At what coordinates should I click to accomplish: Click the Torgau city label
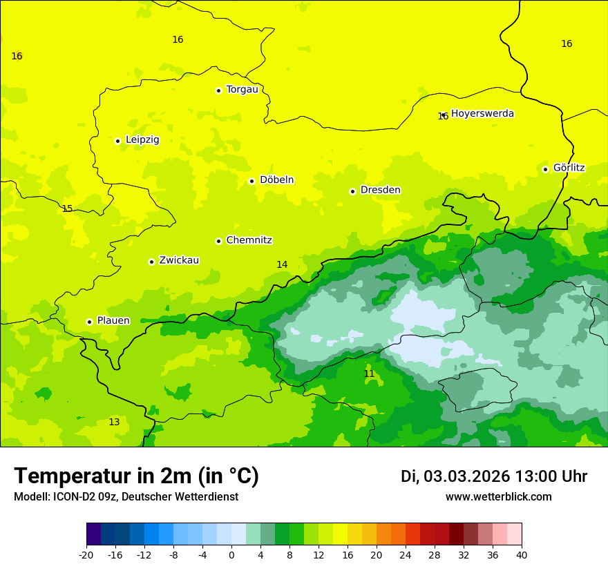pos(242,90)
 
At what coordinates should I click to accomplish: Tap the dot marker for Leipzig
pos(118,141)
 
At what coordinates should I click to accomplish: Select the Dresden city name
pos(380,190)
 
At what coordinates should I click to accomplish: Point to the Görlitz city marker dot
pos(545,169)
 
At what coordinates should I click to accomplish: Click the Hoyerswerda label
pos(482,114)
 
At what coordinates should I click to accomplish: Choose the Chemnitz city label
pos(249,240)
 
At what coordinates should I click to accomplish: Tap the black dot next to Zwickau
pos(151,262)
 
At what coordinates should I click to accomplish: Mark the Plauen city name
pos(113,321)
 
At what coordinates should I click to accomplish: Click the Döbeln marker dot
pos(252,181)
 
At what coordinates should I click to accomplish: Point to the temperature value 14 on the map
pos(282,264)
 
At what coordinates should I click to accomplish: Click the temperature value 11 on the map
pos(369,373)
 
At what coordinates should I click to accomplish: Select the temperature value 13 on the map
pos(114,422)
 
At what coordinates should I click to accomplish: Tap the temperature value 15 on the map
pos(67,208)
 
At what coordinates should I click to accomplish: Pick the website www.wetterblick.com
pos(498,497)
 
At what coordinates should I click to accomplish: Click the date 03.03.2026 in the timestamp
pos(466,476)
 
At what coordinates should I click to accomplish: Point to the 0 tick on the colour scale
pos(231,555)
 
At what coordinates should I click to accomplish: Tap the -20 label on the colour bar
pos(86,555)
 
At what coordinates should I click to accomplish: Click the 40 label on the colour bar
pos(522,555)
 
